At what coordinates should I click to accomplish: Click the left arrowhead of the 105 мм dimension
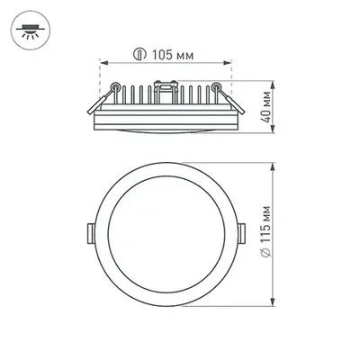(x=100, y=64)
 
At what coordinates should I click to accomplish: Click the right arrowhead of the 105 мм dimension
(x=229, y=64)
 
